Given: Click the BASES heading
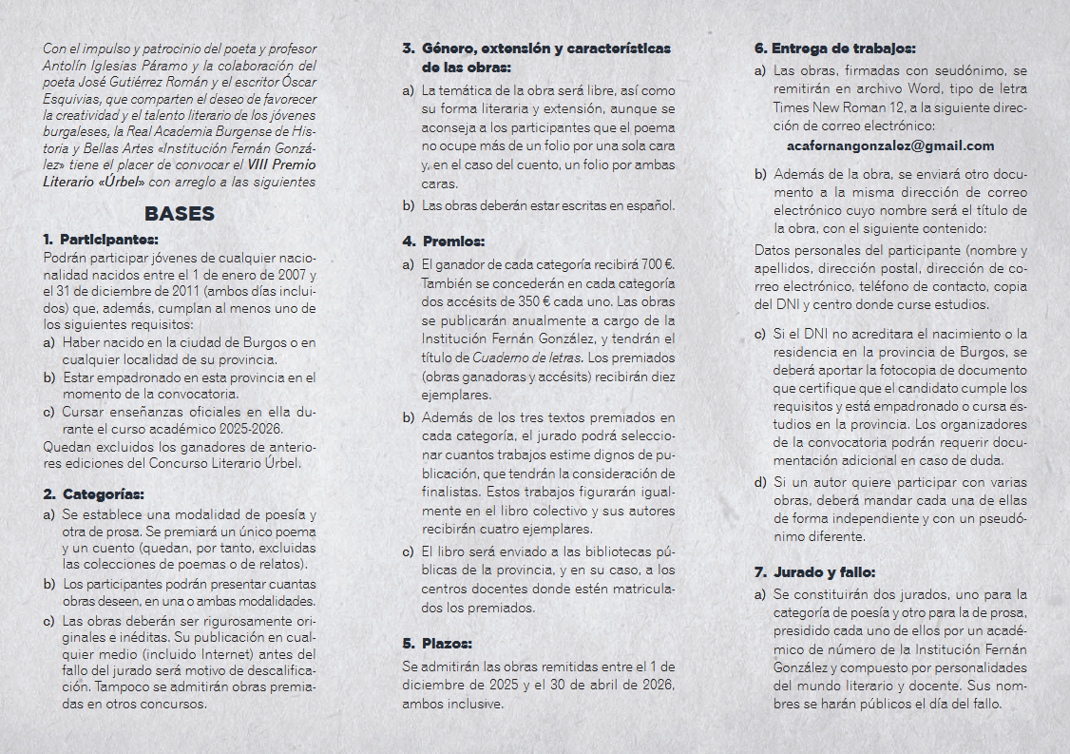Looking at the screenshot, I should pyautogui.click(x=180, y=214).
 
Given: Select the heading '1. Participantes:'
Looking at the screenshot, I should pyautogui.click(x=100, y=239).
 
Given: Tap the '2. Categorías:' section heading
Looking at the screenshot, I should pyautogui.click(x=94, y=494).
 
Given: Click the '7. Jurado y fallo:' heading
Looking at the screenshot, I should pyautogui.click(x=815, y=572).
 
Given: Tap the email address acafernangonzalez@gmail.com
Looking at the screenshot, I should pyautogui.click(x=890, y=145).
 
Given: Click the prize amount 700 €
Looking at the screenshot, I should pyautogui.click(x=658, y=263).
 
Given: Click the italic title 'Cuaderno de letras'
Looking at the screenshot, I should pyautogui.click(x=528, y=358).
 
